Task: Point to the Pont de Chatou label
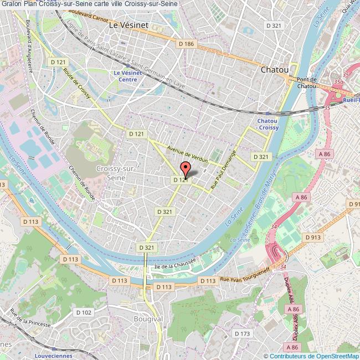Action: pos(306,83)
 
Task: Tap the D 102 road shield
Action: pos(84,312)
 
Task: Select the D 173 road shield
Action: pos(242,333)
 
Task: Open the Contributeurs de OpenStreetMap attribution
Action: pos(314,356)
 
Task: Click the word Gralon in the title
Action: pos(12,5)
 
